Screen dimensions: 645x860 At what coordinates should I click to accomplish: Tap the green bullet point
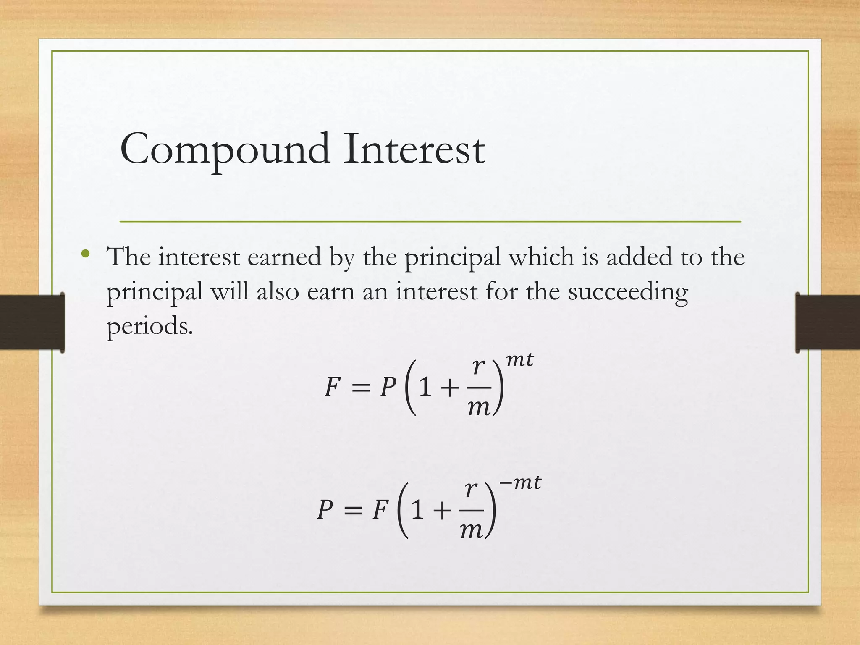point(86,254)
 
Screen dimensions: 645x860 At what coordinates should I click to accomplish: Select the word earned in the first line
point(284,257)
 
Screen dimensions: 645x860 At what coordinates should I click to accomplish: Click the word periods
point(149,326)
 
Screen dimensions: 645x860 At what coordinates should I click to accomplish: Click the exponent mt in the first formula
point(519,360)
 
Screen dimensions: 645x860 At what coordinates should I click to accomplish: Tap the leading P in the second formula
point(325,510)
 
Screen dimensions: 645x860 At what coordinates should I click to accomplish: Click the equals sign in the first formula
point(361,388)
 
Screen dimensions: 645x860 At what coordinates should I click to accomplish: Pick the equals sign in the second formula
point(353,511)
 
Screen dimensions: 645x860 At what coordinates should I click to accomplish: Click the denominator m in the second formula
point(471,531)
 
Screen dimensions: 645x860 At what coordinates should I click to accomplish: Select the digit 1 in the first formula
point(425,387)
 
